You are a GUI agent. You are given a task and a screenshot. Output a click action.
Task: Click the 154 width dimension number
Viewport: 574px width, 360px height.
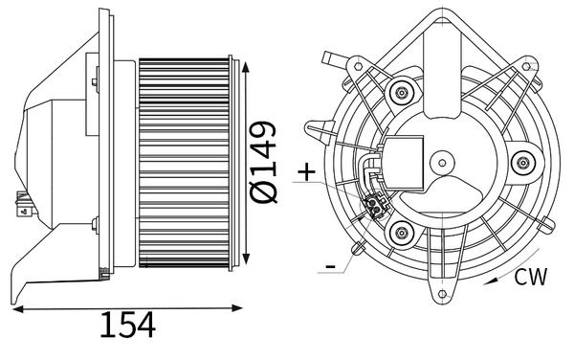[127, 326]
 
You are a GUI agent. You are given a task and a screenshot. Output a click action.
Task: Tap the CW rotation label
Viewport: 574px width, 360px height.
[530, 278]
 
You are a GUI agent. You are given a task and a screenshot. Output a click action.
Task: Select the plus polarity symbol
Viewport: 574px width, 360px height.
[305, 173]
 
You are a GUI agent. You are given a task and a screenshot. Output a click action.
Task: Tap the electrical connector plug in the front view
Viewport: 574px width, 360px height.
[374, 203]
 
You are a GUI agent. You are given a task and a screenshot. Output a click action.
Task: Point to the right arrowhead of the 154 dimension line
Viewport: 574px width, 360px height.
[239, 307]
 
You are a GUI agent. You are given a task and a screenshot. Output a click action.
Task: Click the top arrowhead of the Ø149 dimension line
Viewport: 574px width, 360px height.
[247, 67]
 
